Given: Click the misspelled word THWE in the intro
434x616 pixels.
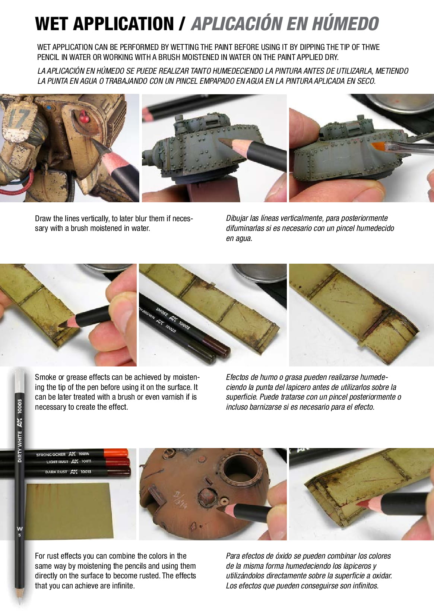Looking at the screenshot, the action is click(x=370, y=47).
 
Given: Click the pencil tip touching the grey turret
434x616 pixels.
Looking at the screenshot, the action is click(x=223, y=141).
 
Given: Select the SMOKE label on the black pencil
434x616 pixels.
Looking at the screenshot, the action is click(x=162, y=313).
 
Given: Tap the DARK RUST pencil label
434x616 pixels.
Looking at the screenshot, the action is click(x=56, y=472).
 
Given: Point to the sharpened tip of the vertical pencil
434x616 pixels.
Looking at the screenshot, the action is click(x=19, y=602).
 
